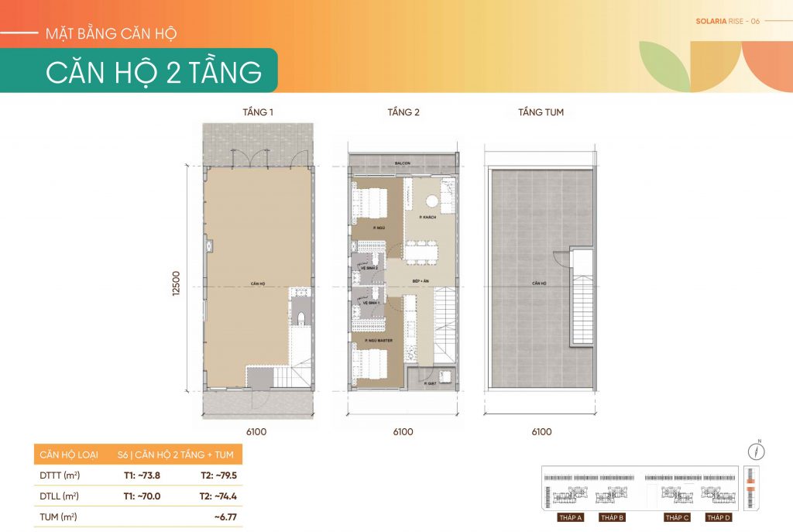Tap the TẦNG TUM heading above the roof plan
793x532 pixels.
click(x=541, y=112)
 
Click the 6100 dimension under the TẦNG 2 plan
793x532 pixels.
click(x=403, y=432)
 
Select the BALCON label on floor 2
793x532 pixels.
click(x=401, y=163)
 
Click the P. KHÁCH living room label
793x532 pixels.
click(x=427, y=218)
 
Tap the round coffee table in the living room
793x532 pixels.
click(x=431, y=203)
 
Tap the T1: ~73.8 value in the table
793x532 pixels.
click(x=141, y=475)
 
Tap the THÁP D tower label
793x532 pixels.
click(x=717, y=517)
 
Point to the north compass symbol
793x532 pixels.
click(x=759, y=451)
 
